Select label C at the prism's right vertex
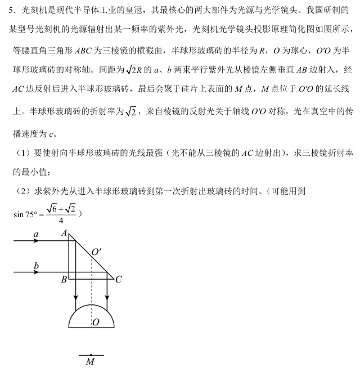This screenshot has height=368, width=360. [x=118, y=280]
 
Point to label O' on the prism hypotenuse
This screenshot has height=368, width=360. [x=96, y=252]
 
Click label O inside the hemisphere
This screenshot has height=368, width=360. [x=96, y=322]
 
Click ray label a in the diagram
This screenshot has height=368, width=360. [x=35, y=233]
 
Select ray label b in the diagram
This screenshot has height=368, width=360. [x=36, y=265]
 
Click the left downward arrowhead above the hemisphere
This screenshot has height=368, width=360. [x=75, y=296]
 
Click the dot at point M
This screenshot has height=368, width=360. [x=91, y=355]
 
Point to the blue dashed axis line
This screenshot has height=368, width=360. [x=91, y=293]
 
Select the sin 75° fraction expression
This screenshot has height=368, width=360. [x=47, y=213]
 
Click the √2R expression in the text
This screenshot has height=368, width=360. [x=133, y=70]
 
